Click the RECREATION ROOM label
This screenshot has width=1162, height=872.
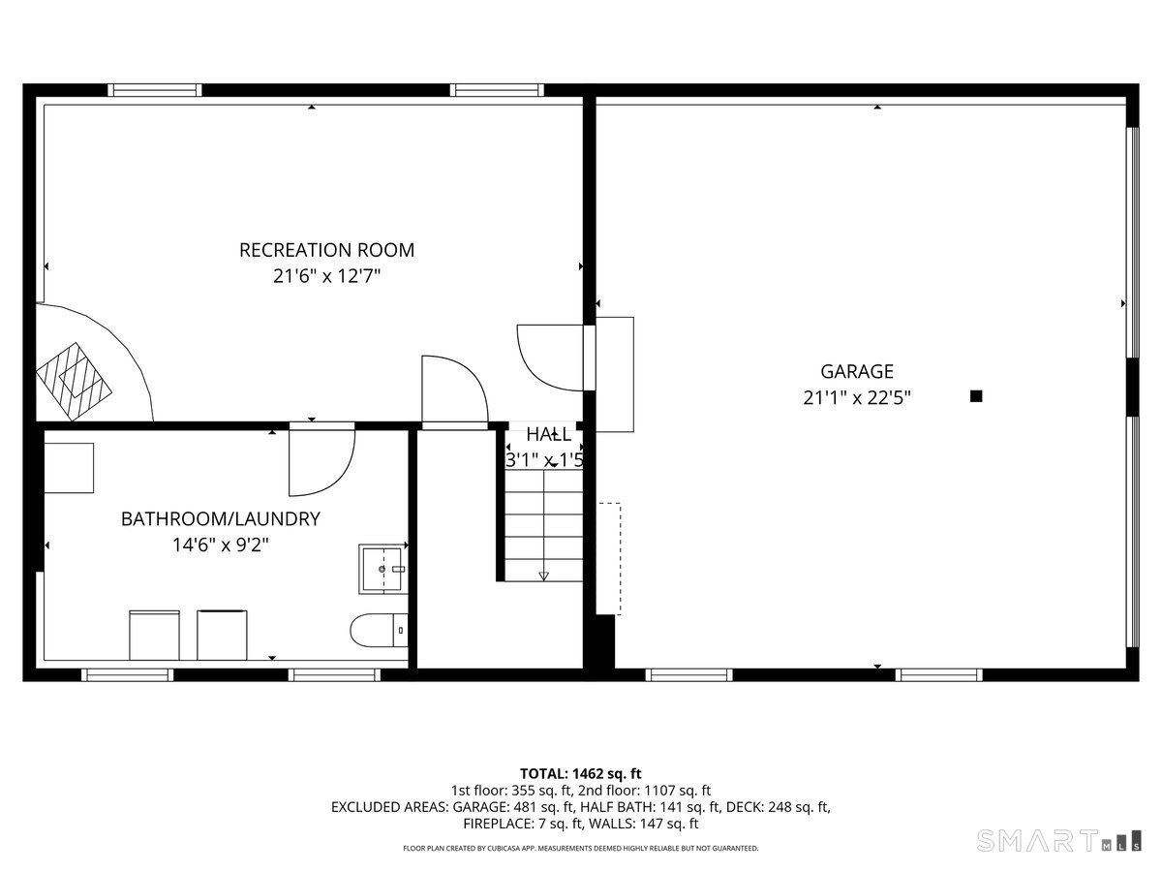coord(326,250)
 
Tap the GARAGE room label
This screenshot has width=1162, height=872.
coord(857,371)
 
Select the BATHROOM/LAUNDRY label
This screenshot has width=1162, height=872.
coord(220,519)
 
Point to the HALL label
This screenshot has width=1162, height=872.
coord(548,435)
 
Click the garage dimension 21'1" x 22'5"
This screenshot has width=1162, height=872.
coord(857,397)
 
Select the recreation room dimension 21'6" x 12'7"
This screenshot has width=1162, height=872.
coord(326,276)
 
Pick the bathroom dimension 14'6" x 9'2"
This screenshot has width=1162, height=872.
coord(220,545)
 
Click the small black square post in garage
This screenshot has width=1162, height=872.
coord(976,395)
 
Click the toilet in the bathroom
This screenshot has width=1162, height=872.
coord(378,631)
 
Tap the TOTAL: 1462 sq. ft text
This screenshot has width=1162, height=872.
coord(581,773)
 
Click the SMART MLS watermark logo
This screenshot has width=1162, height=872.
coord(1057,840)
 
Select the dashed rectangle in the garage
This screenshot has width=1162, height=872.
coord(609,557)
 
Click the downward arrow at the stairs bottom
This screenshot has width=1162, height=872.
coord(543,576)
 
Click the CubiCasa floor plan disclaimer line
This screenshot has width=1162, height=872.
coord(581,849)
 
